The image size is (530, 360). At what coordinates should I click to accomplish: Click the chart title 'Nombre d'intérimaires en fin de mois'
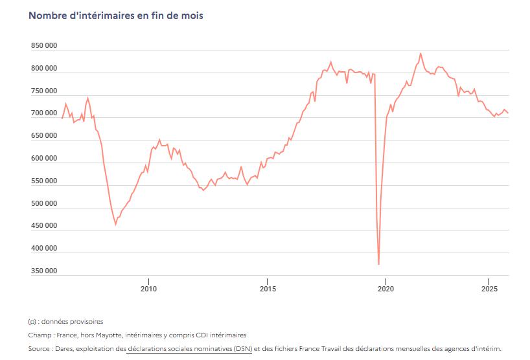116,15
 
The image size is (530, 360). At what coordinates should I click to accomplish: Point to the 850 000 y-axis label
43,46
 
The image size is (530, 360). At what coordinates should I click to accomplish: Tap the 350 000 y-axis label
43,271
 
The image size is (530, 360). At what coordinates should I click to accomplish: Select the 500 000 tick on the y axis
43,203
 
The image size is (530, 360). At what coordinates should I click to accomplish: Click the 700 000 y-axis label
43,113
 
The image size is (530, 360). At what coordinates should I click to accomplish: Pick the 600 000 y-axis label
43,159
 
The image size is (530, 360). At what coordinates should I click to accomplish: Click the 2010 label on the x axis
149,289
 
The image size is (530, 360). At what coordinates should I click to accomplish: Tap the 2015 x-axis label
267,289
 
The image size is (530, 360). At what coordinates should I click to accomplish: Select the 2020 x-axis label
386,289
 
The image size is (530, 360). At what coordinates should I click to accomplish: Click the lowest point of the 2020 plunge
378,264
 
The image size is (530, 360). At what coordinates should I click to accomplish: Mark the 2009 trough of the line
115,224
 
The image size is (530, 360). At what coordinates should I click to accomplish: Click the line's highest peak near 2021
421,53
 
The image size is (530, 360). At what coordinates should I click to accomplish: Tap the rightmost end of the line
509,113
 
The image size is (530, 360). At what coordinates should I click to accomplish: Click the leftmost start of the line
62,118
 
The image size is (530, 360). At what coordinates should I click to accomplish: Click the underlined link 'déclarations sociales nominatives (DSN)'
189,348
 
